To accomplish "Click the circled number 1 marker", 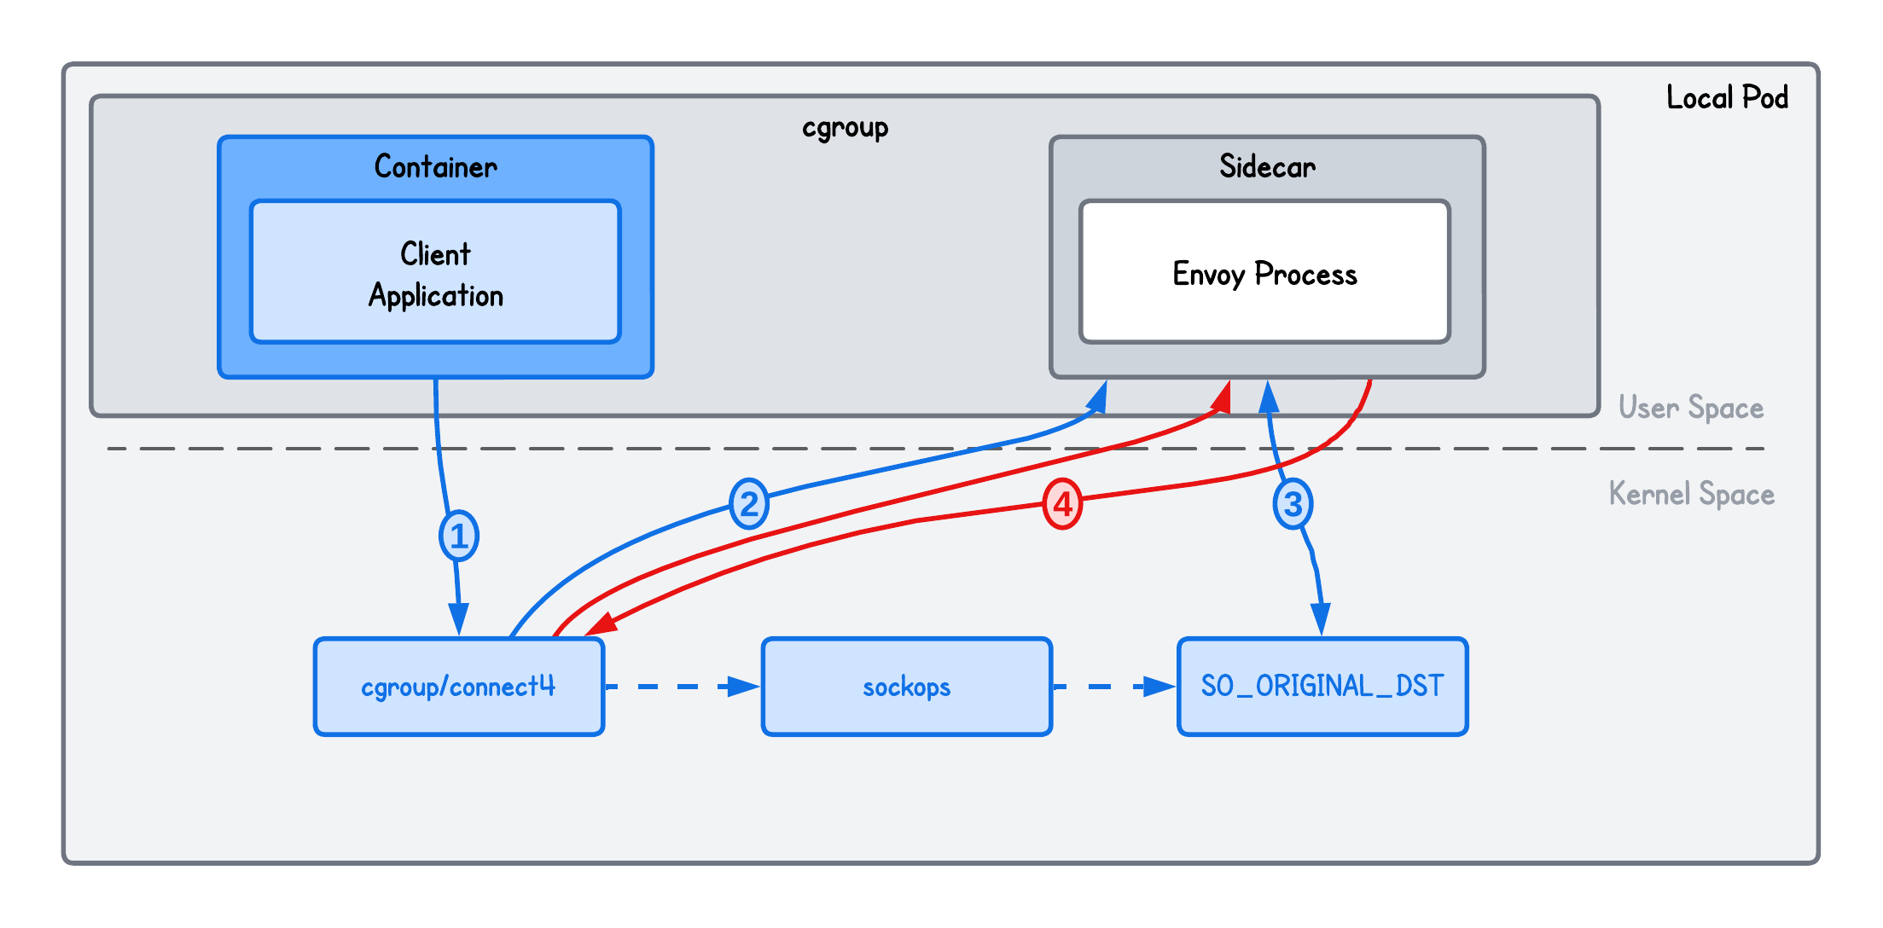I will [x=459, y=536].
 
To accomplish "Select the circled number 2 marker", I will [x=749, y=504].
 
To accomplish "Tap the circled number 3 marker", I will [x=1293, y=504].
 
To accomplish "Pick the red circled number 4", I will [x=1062, y=504].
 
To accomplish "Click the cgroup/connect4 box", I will [x=459, y=687].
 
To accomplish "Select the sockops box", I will [x=906, y=687].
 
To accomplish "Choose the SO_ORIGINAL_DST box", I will [x=1322, y=687].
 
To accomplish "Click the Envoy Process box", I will [x=1264, y=273].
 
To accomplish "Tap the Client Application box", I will [x=435, y=273].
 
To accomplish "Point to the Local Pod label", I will [x=1727, y=97].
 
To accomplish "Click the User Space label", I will [x=1690, y=408].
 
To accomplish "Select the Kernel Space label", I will [x=1691, y=494].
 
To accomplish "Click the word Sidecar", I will [x=1267, y=166].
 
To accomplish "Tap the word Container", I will [x=435, y=166].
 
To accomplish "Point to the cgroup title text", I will [x=845, y=128].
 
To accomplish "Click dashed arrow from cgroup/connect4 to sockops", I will [x=683, y=687].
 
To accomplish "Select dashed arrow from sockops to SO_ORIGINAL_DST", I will [x=1114, y=687].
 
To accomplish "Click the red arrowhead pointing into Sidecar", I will [x=1223, y=397].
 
